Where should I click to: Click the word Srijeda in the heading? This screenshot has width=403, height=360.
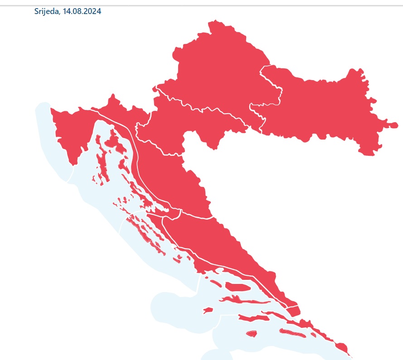click(x=46, y=11)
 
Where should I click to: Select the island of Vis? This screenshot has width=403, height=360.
click(x=208, y=311)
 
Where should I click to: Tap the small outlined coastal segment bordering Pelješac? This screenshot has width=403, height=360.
click(x=293, y=311)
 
